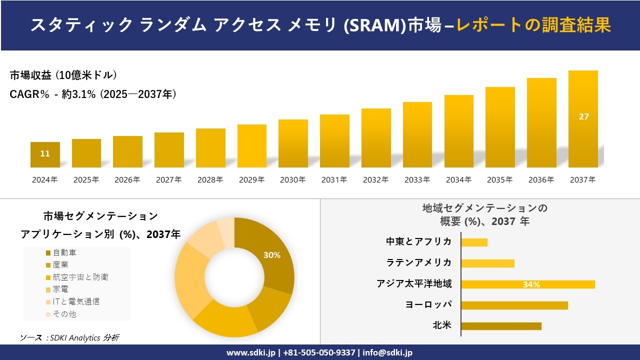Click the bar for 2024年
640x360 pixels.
coord(45,155)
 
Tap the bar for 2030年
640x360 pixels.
coord(293,143)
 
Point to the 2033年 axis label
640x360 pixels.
coord(417,180)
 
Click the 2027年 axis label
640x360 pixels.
coord(168,180)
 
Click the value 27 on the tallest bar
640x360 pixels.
coord(583,116)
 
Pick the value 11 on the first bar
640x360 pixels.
coord(45,153)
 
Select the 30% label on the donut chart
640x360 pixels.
coord(272,255)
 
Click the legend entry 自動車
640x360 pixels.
coord(64,253)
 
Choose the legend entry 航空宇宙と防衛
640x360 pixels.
coord(80,277)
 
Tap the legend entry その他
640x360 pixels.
coord(64,314)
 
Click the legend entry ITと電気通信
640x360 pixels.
coord(75,301)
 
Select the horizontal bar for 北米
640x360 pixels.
coord(501,326)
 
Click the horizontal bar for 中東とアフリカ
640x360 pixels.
coord(474,242)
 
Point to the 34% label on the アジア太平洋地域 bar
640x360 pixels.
coord(531,284)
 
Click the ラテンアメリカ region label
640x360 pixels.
coord(419,262)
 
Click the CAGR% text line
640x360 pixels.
coord(93,94)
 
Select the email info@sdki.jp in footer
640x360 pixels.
coord(388,352)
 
